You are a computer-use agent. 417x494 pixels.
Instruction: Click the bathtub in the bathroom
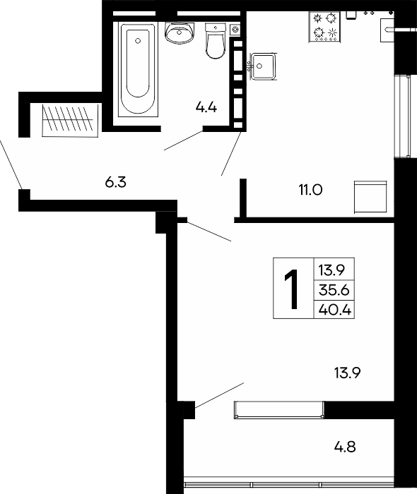[x=138, y=69]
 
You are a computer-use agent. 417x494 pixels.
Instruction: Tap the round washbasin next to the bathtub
[x=179, y=32]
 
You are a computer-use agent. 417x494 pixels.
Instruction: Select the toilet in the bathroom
[x=216, y=41]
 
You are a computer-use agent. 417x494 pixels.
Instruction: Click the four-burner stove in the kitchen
[x=324, y=27]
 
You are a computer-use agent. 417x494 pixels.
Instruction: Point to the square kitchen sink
[x=263, y=67]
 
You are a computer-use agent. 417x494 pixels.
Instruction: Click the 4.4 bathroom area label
[x=206, y=108]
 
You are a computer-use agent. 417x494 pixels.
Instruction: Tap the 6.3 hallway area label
[x=115, y=182]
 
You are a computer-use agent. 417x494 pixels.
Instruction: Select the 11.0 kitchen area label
[x=311, y=190]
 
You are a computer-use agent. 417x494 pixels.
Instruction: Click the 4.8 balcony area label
[x=345, y=447]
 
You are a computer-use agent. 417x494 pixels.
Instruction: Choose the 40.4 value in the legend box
[x=335, y=310]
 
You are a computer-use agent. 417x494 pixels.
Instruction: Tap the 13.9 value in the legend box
[x=331, y=270]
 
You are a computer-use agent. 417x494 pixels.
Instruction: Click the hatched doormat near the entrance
[x=70, y=121]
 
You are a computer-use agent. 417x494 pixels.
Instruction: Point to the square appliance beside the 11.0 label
[x=370, y=197]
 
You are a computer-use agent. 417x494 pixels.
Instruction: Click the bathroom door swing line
[x=183, y=140]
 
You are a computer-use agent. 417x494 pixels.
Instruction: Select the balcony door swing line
[x=219, y=395]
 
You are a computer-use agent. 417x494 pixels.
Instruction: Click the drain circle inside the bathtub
[x=138, y=41]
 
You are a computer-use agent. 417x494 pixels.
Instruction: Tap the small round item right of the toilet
[x=235, y=30]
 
